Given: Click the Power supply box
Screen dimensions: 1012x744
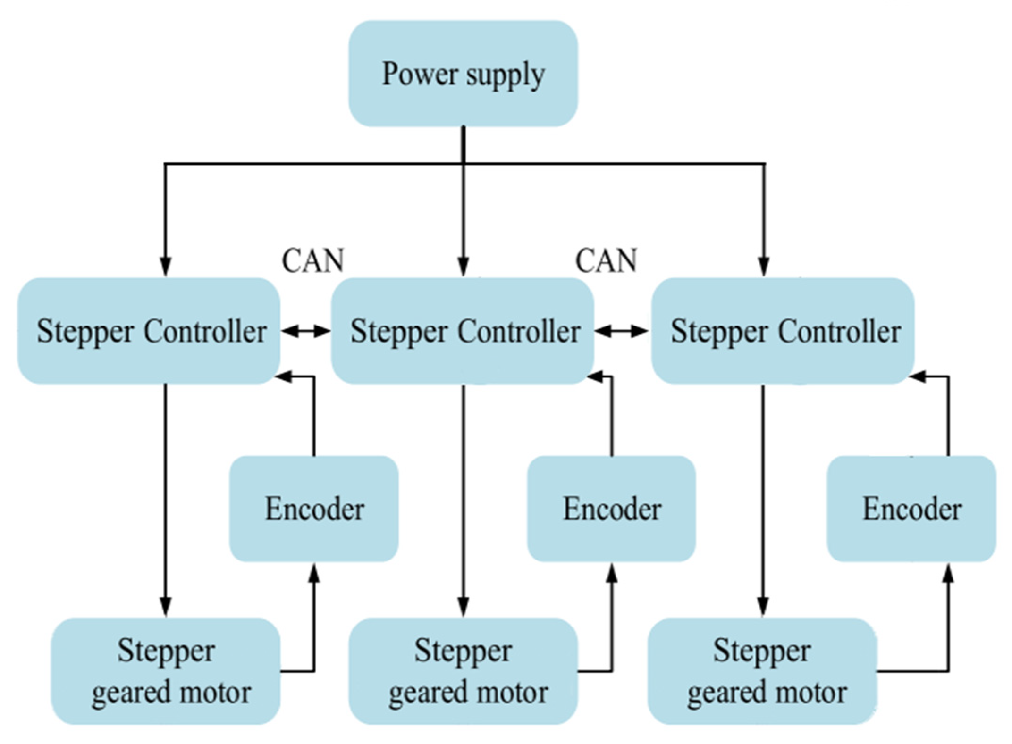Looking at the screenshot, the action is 463,74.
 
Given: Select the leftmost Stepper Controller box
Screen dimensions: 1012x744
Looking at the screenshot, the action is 149,331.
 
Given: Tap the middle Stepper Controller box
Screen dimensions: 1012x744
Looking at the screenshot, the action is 463,331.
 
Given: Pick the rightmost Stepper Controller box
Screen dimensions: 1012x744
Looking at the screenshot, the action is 783,331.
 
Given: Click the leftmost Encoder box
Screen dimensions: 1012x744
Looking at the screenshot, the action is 314,509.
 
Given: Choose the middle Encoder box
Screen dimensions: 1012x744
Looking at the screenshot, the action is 611,509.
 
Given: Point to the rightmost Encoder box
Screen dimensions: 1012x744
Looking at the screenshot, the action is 911,509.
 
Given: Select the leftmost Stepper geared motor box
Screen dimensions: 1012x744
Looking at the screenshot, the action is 166,671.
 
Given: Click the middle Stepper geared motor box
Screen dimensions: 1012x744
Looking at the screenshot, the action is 463,671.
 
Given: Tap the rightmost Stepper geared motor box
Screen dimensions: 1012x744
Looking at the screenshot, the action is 762,671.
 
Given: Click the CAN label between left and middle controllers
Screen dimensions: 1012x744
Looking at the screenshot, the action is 313,260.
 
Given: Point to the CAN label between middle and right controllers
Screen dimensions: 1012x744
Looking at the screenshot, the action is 606,260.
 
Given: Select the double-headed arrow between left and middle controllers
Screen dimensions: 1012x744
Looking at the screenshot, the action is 306,332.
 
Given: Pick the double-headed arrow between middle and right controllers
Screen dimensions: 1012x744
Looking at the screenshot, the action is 621,332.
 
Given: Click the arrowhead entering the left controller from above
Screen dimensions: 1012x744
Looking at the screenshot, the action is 165,267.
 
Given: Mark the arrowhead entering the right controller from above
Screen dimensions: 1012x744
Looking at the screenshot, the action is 764,267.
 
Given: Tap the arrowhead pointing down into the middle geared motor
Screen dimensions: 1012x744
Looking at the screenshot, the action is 464,607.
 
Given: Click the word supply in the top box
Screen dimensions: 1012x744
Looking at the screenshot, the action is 504,76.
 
